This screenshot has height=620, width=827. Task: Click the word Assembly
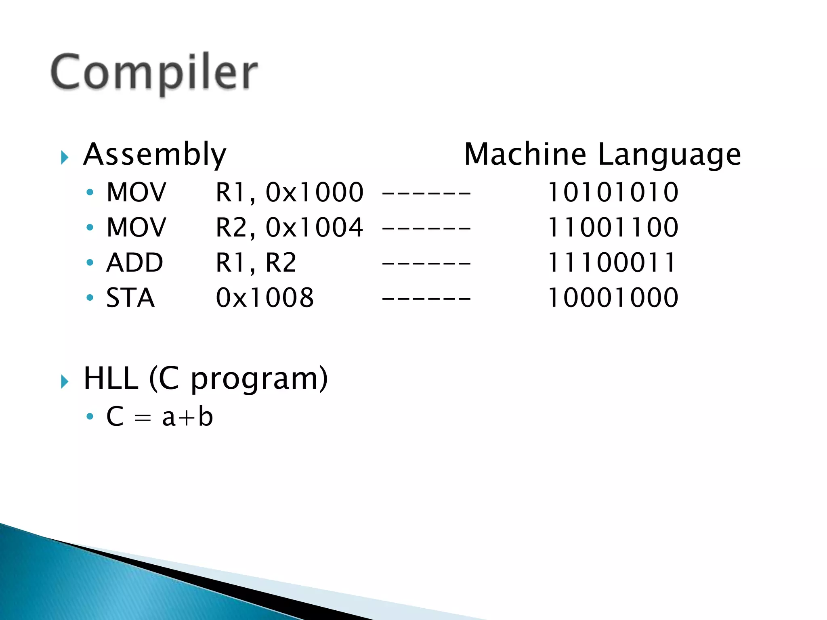pos(155,155)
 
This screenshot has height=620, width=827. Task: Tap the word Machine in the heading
pos(525,155)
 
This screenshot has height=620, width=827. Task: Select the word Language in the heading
pos(669,155)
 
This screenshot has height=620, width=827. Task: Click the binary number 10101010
pos(613,192)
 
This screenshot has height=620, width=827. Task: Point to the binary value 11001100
pos(613,227)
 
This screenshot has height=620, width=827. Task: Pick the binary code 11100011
pos(612,263)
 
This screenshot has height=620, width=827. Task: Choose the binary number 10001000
pos(613,298)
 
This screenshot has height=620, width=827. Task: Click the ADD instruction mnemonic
pos(134,263)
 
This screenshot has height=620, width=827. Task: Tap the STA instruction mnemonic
pos(130,298)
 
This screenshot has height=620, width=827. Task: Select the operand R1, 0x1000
pos(290,192)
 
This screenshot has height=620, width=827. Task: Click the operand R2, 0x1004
pos(290,227)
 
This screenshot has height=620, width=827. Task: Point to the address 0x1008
pos(265,298)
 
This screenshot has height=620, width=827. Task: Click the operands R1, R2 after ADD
pos(256,263)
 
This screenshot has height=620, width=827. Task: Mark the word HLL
pos(111,379)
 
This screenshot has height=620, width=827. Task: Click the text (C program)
pos(238,379)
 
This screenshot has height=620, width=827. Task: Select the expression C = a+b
pos(160,417)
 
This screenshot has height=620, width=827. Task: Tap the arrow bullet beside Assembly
pos(65,157)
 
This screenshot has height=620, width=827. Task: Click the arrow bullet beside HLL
pos(65,381)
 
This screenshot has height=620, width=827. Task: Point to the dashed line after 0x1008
pos(426,299)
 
